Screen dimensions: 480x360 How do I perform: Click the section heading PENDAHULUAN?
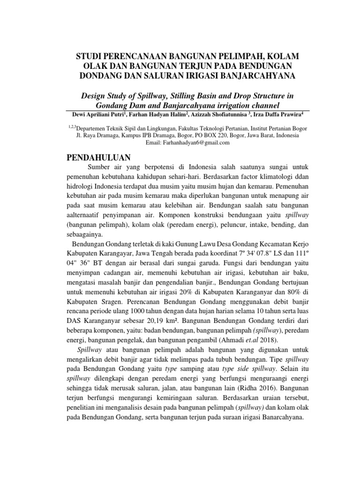(98, 157)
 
